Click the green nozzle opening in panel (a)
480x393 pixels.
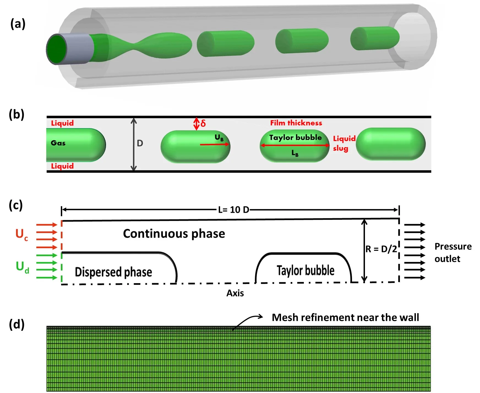(x=57, y=49)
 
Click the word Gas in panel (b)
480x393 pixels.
(x=58, y=143)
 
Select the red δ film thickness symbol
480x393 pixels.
(x=203, y=123)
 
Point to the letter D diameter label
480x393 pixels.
(x=140, y=143)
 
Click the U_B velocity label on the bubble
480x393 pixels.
(x=219, y=138)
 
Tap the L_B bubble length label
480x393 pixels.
(x=295, y=153)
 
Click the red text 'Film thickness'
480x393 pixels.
(x=296, y=123)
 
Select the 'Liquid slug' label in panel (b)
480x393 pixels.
(x=344, y=143)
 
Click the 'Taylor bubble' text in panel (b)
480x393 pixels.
(x=295, y=137)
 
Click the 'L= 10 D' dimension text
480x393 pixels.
(x=233, y=210)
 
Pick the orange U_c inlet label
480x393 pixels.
(x=21, y=234)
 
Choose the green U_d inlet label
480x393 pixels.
(x=22, y=267)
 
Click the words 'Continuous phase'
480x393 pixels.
(x=174, y=233)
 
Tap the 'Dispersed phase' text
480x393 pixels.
(x=113, y=272)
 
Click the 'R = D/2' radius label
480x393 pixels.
(x=381, y=249)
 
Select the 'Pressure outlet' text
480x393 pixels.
(x=453, y=252)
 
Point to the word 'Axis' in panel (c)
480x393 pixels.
(x=235, y=293)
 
